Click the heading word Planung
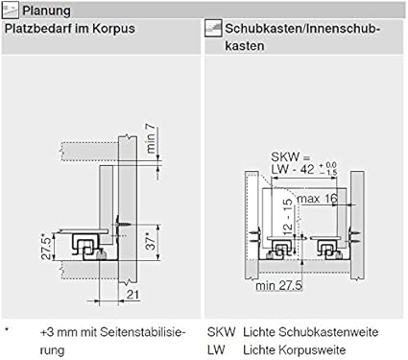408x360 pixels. click(46, 11)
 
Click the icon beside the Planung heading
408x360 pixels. click(11, 11)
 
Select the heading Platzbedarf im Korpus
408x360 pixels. click(70, 29)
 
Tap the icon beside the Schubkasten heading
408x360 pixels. click(213, 28)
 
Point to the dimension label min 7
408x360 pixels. click(151, 138)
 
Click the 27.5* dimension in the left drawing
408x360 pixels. click(47, 248)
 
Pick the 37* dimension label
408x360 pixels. click(151, 241)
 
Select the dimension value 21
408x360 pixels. click(133, 295)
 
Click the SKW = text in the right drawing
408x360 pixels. click(291, 157)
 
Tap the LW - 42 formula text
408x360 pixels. click(293, 169)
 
